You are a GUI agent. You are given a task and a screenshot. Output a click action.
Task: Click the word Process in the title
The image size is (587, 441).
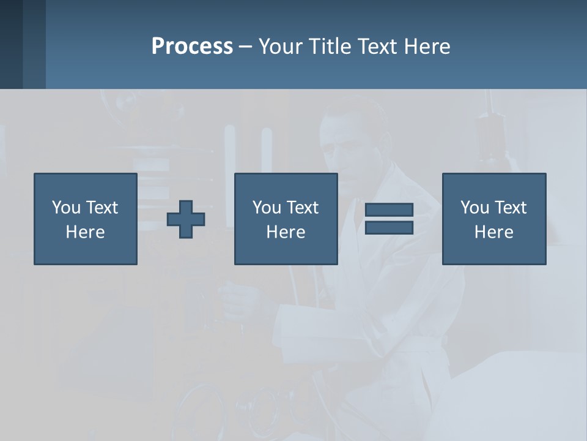tap(192, 47)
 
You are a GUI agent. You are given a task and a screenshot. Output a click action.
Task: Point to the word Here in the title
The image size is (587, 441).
tap(427, 47)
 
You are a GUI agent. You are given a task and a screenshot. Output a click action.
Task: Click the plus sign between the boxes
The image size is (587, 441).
tap(186, 219)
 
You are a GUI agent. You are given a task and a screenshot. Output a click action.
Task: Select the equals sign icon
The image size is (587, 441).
tap(389, 219)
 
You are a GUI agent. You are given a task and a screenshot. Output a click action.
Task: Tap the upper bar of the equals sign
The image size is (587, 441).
tap(389, 210)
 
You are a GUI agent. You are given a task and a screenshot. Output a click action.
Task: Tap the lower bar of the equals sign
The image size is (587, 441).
tap(389, 227)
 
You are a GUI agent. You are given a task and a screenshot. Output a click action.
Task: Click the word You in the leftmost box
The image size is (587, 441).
tap(66, 208)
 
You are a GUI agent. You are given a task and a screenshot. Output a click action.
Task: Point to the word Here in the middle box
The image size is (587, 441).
tap(286, 232)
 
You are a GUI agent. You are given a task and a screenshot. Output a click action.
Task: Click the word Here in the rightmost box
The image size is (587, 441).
tap(494, 232)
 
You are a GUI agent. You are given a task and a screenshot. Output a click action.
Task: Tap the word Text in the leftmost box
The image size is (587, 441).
tap(102, 208)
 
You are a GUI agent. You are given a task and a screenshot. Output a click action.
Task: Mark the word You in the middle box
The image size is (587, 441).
tap(267, 208)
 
